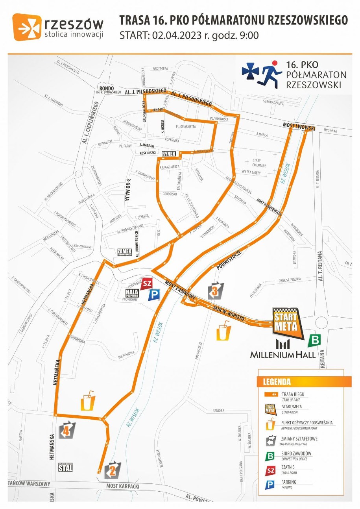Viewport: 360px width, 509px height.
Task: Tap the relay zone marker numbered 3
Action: [215, 291]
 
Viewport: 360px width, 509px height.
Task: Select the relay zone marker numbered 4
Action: [67, 430]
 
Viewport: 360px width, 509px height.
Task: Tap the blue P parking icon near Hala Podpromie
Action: [153, 295]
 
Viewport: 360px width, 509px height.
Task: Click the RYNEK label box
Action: [168, 155]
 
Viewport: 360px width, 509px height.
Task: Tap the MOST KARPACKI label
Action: [123, 486]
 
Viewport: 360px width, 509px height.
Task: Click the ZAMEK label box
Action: [124, 252]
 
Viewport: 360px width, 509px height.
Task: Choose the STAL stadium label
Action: [66, 467]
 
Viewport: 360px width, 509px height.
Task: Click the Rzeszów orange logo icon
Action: [26, 27]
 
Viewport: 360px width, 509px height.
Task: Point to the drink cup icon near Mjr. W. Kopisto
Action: [223, 331]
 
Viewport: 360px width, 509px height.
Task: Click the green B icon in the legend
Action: [270, 456]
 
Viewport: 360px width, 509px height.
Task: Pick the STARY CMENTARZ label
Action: [257, 163]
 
